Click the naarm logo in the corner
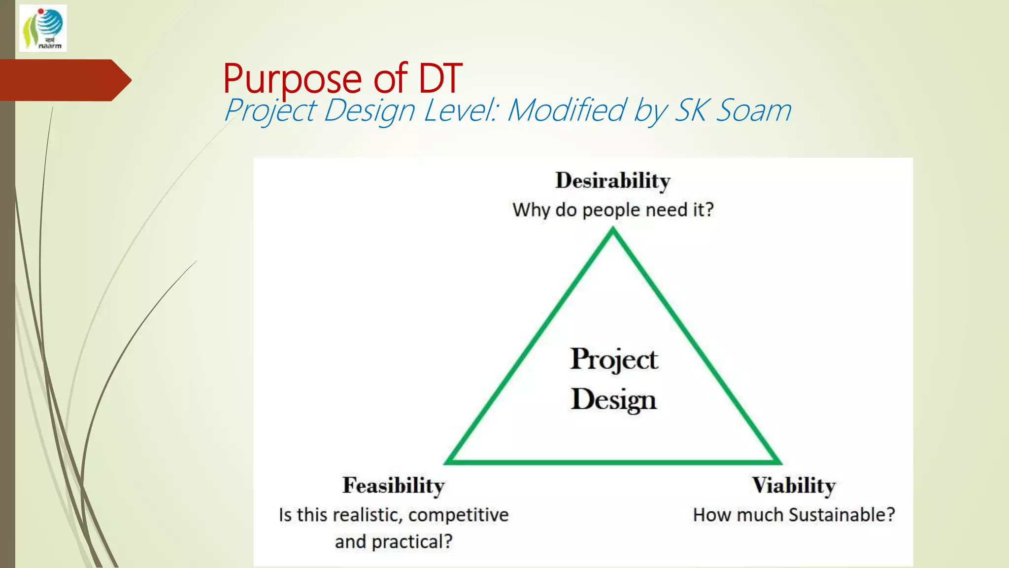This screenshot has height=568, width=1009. pos(43,28)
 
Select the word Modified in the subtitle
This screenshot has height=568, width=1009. pos(567,110)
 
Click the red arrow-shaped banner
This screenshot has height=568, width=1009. pos(64,80)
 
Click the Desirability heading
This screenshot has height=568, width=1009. pos(612,180)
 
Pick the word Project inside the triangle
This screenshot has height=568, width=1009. pos(614,359)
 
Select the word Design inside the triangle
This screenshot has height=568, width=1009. pos(614,399)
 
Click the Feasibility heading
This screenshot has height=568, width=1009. pos(393,486)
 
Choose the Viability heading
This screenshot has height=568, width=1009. pos(793,486)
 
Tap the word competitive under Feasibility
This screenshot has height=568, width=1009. pos(458,515)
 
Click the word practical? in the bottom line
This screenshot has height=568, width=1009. pos(412,542)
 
